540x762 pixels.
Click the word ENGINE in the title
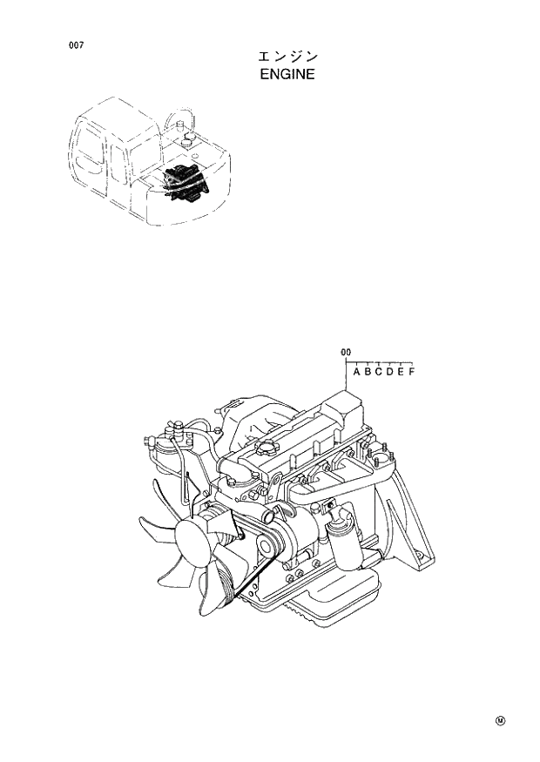pos(287,75)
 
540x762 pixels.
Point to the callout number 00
pos(346,352)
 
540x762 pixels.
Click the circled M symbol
pos(500,720)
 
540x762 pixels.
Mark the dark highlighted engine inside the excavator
pos(186,180)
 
